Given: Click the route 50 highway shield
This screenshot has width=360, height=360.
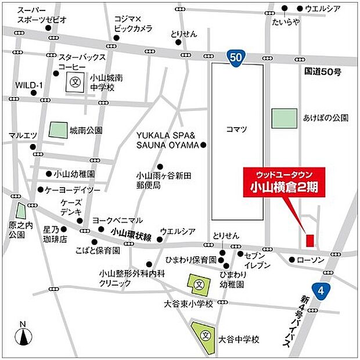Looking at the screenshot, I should point(235,57).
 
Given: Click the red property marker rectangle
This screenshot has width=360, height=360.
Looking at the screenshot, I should point(309,240).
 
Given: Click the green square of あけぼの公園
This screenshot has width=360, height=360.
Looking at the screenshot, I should point(283,118).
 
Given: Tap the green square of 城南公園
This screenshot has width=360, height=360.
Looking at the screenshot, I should point(57,129).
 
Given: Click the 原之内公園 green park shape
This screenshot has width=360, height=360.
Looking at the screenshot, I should point(21,214).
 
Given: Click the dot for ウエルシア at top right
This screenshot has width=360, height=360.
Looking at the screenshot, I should point(300,9).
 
